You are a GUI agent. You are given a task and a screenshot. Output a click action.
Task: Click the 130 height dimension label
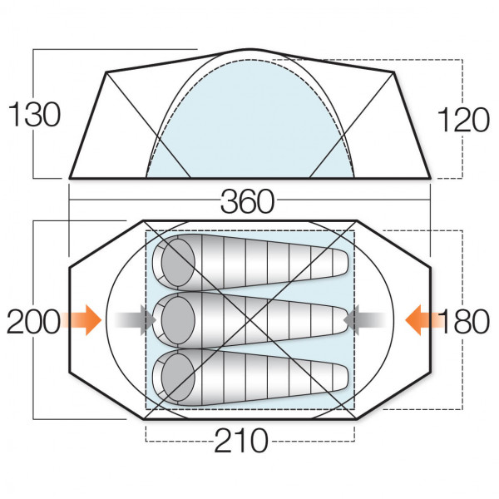coord(34,115)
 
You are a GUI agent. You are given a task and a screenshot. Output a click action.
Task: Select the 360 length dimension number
coord(247,202)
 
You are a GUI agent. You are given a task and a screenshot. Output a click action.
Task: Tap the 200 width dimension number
coord(32,321)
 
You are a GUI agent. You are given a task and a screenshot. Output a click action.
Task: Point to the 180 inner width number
coord(464,321)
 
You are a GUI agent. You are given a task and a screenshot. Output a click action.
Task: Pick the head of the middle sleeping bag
coord(176,318)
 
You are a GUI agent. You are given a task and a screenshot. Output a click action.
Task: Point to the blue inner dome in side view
coord(249,125)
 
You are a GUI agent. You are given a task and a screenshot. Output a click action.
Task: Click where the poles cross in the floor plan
coord(249,318)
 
